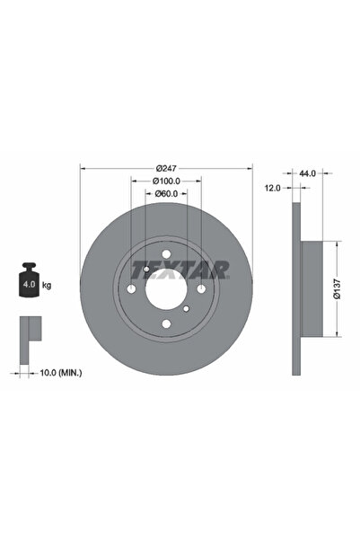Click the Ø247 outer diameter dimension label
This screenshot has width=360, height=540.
pos(166,168)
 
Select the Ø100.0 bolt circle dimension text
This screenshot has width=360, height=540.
pos(166,181)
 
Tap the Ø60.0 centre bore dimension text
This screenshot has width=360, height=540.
pos(166,193)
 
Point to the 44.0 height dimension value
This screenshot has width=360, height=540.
pos(307,173)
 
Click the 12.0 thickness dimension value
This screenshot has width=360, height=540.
pos(273,188)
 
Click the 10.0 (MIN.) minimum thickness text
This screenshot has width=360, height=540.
pos(61,373)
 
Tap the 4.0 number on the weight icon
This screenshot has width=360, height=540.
pos(29,285)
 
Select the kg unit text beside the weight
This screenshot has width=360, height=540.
pos(47,285)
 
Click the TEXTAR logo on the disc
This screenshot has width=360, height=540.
pos(180,270)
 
